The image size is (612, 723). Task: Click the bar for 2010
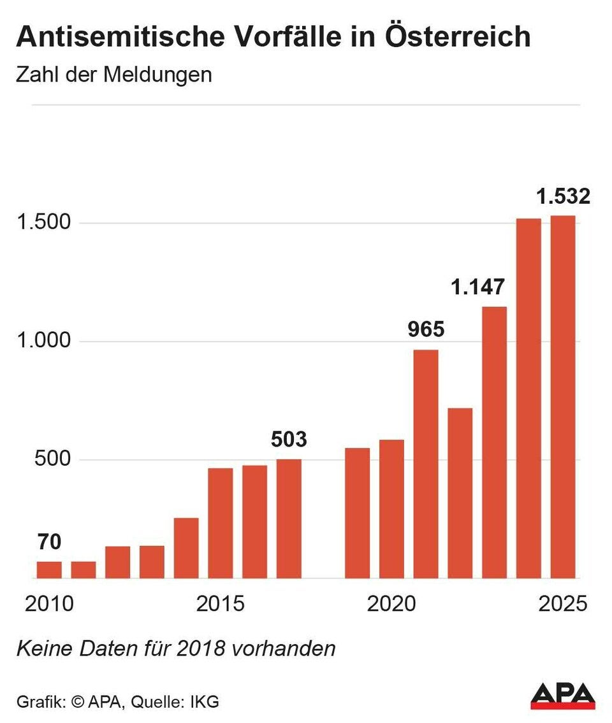point(49,569)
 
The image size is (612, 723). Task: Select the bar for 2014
point(186,548)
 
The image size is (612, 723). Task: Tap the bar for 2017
point(289,519)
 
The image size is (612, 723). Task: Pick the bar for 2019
point(357,513)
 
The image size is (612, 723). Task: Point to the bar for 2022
point(460,493)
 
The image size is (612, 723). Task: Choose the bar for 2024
point(528,398)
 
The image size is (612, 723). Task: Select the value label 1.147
point(477,287)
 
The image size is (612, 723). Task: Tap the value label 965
point(426,330)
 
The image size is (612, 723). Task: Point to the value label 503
point(289,440)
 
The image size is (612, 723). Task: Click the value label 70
point(49,543)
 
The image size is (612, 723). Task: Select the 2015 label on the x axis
point(220,603)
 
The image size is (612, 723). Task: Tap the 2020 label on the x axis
point(391,603)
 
